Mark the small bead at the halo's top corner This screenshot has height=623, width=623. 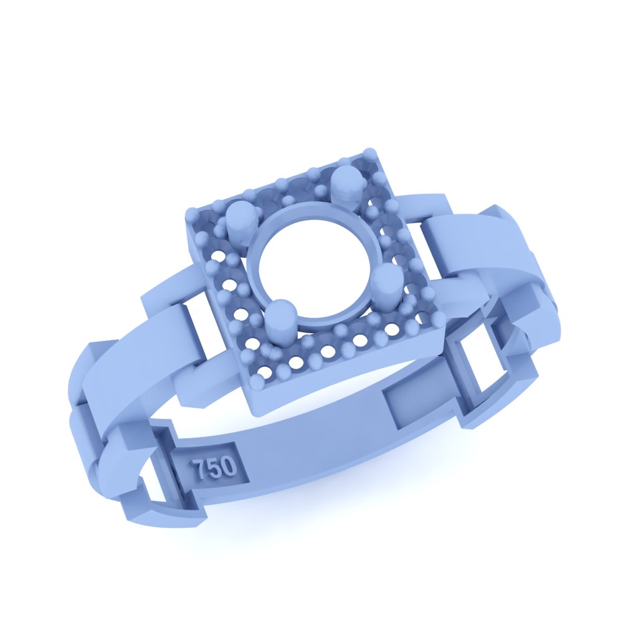(370, 153)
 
